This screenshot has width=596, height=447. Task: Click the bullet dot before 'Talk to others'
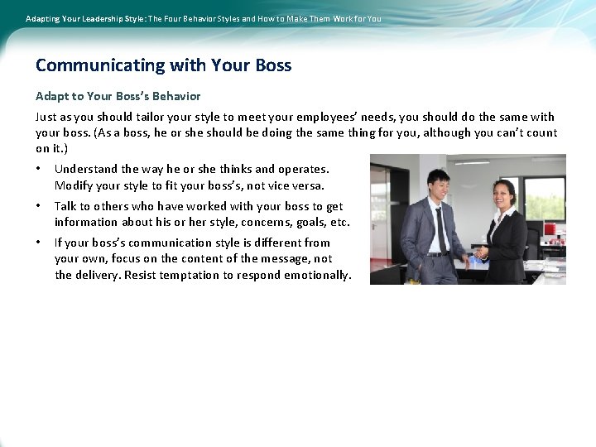pos(39,206)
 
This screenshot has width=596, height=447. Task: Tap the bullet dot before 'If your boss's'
pos(39,243)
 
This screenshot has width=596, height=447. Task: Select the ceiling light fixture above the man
pos(471,161)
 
